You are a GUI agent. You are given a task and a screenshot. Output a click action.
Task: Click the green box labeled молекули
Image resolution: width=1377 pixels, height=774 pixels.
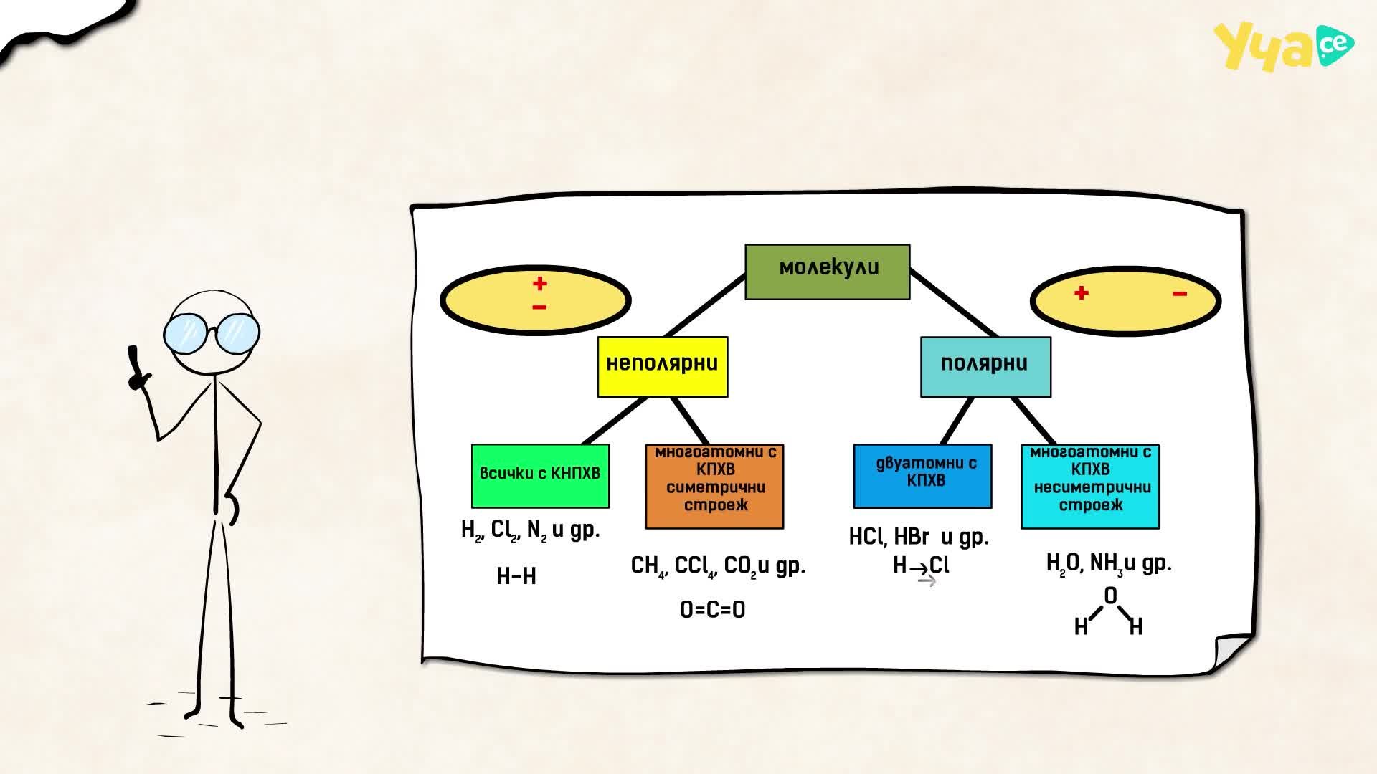pos(828,272)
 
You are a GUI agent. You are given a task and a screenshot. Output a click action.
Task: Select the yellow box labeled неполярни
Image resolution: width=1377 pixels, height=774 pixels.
pos(663,366)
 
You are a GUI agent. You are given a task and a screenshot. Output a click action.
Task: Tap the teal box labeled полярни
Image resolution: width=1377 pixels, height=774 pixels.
pos(985,366)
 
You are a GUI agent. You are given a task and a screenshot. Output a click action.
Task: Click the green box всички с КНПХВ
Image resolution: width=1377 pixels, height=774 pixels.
pos(540,476)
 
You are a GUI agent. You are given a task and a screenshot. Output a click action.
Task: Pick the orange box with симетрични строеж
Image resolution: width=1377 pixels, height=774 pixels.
pos(714,487)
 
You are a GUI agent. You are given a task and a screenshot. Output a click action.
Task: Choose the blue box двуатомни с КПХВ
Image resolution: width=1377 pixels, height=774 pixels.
pos(922,476)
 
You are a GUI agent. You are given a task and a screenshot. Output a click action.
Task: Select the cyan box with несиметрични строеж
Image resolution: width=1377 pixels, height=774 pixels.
pos(1090,487)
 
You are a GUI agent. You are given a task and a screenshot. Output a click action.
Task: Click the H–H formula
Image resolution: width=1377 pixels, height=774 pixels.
pos(516,576)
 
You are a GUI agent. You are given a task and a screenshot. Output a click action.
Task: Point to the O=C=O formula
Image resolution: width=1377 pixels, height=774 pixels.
pos(712,610)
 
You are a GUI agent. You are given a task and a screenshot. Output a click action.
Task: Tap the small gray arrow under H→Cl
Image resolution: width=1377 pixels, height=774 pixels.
pos(927,580)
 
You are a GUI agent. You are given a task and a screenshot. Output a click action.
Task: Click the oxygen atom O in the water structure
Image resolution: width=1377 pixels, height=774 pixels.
pos(1110,596)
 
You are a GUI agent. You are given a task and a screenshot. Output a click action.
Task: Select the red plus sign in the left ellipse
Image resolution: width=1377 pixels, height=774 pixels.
pos(540,284)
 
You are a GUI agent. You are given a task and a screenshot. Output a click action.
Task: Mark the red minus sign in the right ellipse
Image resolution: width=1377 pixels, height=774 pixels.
pos(1180,294)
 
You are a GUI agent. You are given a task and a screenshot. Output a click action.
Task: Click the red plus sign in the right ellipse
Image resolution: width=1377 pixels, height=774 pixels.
pos(1082,293)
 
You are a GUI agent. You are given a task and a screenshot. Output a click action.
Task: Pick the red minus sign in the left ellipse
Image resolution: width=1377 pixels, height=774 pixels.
pos(540,307)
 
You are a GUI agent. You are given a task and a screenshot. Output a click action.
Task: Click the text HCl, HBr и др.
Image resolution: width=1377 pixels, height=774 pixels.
pos(919,537)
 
